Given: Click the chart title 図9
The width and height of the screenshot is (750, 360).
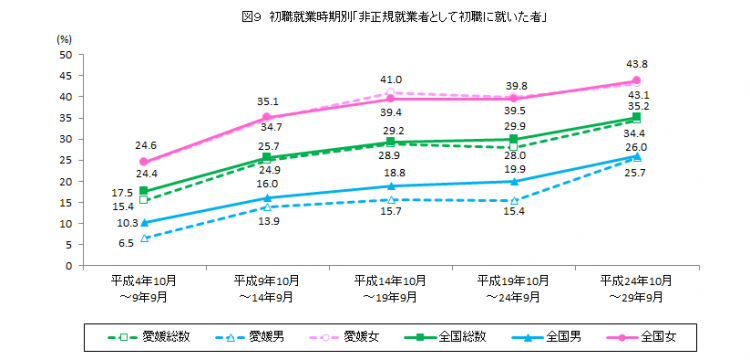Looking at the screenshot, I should pos(375,16).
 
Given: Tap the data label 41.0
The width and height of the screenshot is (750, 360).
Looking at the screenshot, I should pos(390,79).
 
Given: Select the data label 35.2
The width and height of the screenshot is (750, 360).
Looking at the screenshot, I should pos(666,105).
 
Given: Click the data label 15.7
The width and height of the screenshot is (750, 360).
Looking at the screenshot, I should pos(390,212).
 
